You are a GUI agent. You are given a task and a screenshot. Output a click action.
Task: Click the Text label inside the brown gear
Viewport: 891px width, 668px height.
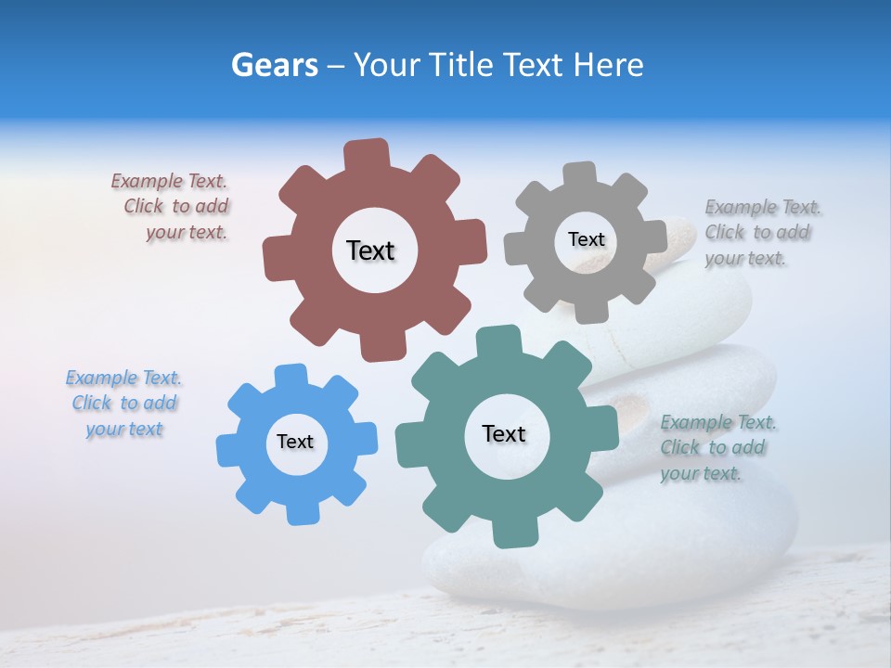pyautogui.click(x=370, y=250)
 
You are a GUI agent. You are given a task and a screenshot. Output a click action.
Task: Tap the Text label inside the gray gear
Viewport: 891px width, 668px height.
pyautogui.click(x=586, y=239)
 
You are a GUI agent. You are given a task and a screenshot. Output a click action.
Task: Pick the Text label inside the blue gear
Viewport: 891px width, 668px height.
pyautogui.click(x=295, y=442)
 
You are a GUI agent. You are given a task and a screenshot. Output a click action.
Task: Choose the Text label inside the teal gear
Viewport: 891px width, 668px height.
pyautogui.click(x=504, y=433)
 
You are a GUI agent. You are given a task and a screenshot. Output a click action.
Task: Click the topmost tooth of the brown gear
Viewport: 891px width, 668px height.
pyautogui.click(x=367, y=152)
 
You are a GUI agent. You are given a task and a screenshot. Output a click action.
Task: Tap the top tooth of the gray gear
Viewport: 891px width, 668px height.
pyautogui.click(x=580, y=173)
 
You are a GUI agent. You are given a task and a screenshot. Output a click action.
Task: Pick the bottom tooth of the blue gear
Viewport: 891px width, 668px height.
pyautogui.click(x=302, y=513)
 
